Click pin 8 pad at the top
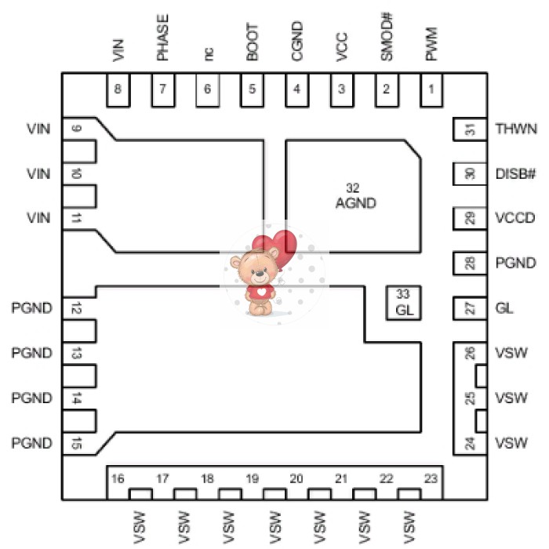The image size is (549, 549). [118, 90]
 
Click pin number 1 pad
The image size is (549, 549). [431, 90]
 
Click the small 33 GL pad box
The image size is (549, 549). [403, 302]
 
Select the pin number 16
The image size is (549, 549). [118, 478]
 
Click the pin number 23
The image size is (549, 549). [431, 478]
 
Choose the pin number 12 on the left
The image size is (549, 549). [76, 308]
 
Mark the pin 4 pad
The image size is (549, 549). [296, 90]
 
